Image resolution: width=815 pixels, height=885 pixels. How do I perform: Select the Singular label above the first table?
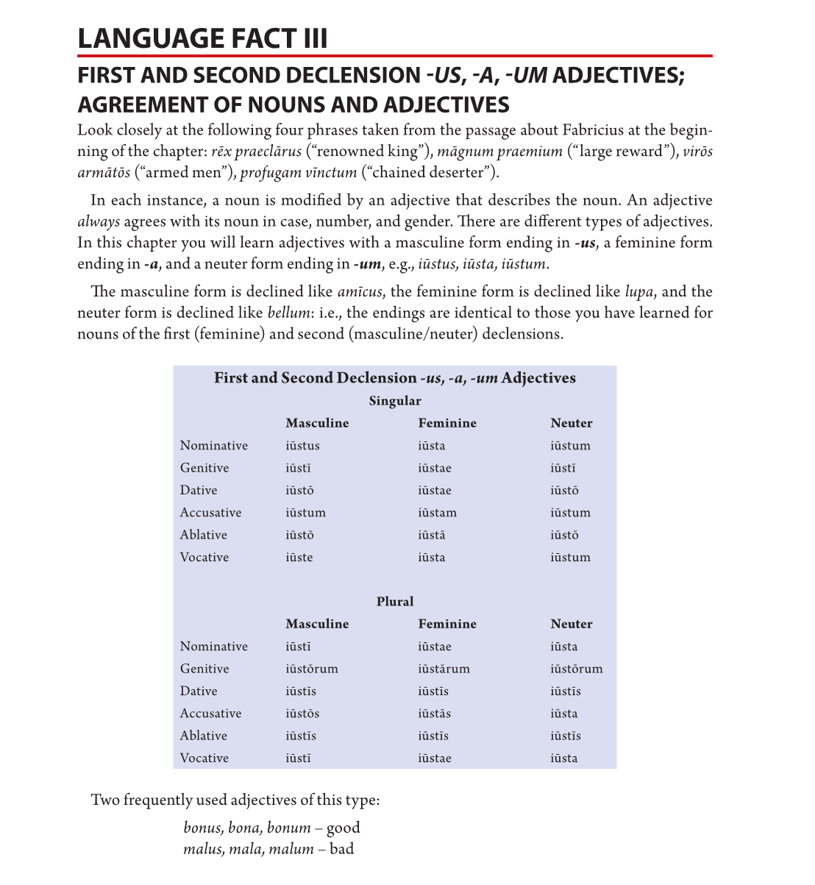click(x=395, y=401)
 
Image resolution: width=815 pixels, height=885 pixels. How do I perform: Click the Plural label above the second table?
click(x=395, y=602)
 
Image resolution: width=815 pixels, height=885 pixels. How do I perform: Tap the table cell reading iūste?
click(x=299, y=558)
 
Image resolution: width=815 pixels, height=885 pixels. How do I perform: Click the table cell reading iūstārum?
click(x=444, y=669)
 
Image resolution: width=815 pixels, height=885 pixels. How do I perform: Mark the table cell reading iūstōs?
click(x=302, y=714)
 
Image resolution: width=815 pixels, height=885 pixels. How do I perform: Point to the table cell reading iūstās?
click(x=435, y=714)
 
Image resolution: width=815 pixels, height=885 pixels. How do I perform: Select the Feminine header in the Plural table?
click(x=447, y=624)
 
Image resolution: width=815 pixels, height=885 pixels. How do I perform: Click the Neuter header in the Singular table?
click(x=571, y=423)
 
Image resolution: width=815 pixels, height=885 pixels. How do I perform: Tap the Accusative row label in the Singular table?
click(x=210, y=513)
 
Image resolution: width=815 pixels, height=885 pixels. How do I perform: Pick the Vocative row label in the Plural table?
click(x=204, y=758)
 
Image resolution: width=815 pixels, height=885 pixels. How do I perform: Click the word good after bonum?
click(x=343, y=828)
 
